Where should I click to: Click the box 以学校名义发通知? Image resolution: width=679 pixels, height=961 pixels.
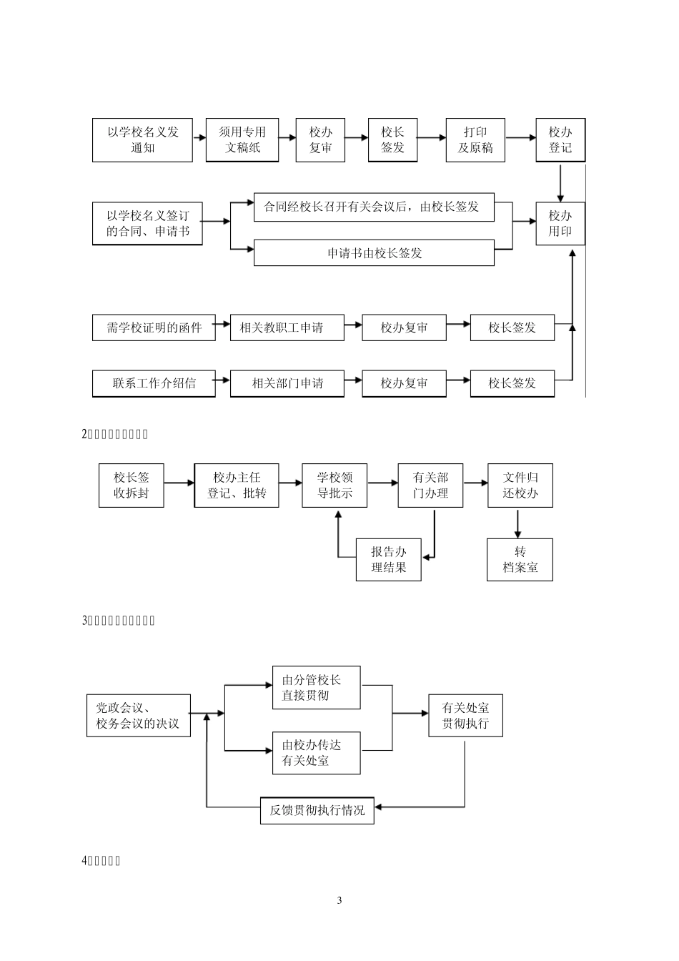[142, 140]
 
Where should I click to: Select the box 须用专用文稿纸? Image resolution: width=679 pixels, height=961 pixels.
[242, 140]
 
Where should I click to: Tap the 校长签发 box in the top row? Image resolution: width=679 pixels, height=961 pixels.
[392, 140]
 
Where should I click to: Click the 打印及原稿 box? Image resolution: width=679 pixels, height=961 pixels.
[475, 140]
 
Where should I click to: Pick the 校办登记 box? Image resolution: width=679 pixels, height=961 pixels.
[560, 140]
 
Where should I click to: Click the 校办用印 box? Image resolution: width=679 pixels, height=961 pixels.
[560, 223]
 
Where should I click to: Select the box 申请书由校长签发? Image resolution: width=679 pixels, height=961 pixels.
[374, 253]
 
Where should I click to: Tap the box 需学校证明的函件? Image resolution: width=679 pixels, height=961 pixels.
[154, 327]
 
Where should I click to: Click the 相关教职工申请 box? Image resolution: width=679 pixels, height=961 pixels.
[287, 327]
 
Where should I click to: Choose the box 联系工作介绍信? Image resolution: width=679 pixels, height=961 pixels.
[154, 383]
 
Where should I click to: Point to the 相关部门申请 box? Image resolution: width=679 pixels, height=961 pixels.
[287, 383]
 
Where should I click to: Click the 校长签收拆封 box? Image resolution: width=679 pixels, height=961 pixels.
[131, 486]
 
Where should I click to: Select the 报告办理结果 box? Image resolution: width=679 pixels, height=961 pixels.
[389, 559]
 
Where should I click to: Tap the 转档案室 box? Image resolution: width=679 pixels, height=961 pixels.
[520, 559]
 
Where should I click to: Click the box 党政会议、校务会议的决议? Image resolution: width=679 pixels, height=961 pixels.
[138, 716]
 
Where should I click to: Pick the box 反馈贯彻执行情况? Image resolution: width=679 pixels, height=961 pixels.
[317, 810]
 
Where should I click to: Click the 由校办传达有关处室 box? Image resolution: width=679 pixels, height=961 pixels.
[316, 752]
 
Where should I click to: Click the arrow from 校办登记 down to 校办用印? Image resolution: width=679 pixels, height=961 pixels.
[560, 182]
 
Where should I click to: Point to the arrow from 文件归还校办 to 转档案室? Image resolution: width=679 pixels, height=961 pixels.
[518, 523]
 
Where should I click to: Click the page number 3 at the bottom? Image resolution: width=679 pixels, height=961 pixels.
[339, 900]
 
